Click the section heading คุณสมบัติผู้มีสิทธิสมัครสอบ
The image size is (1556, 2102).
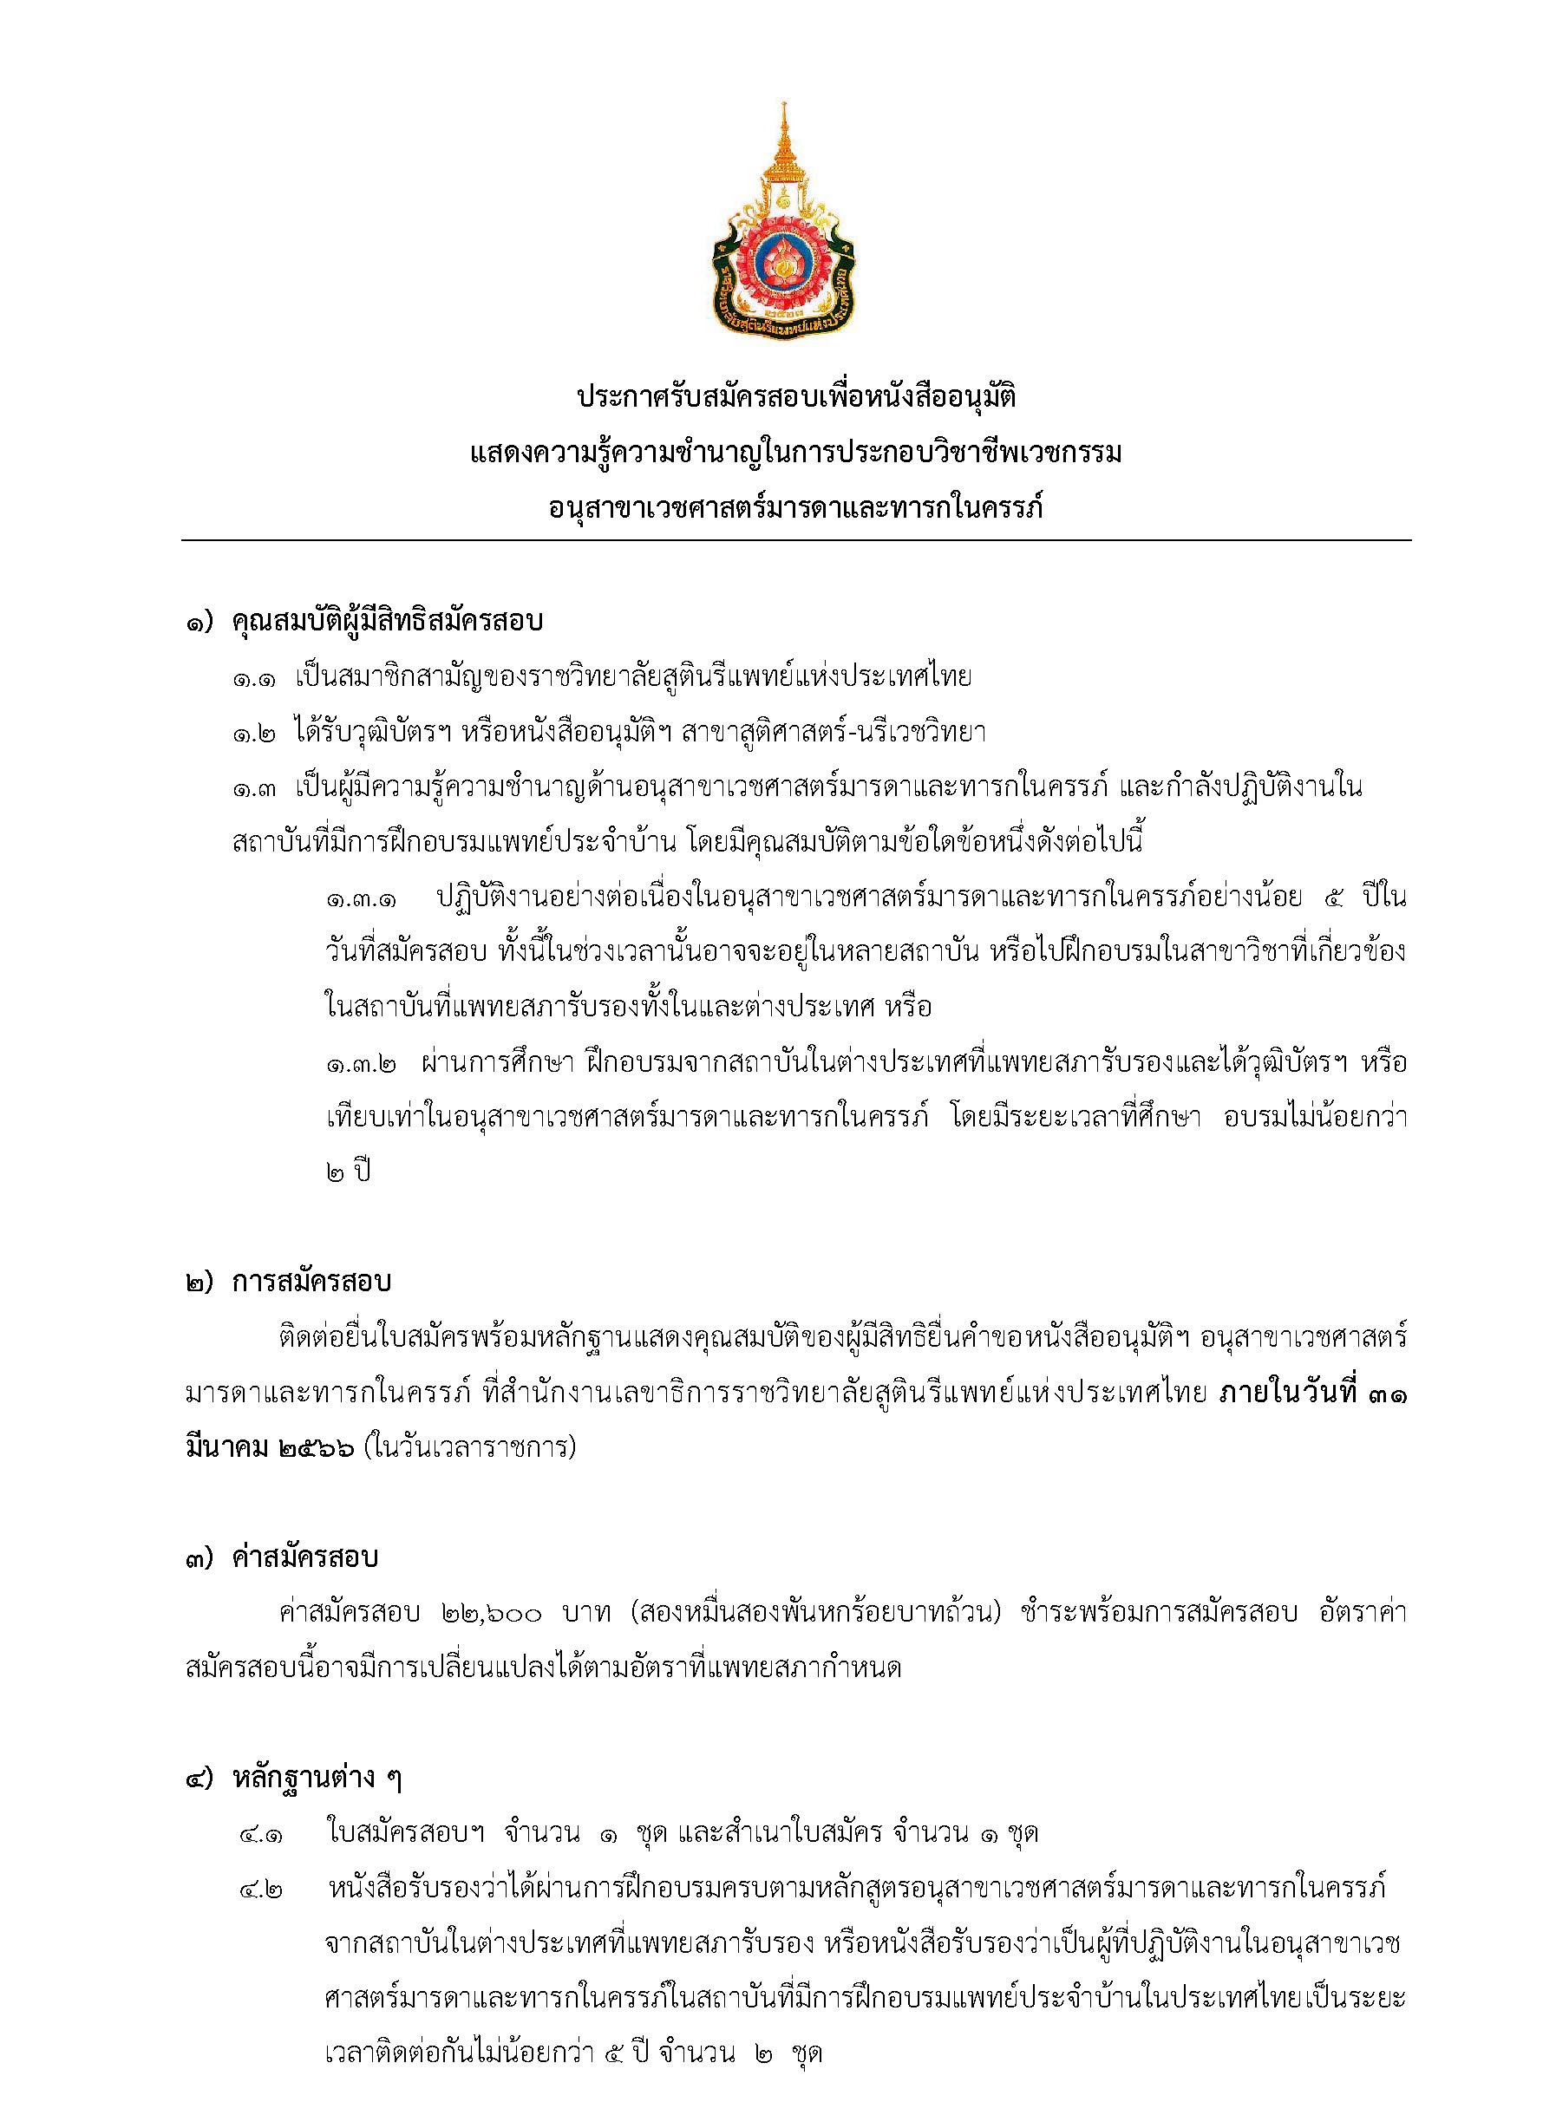coord(388,623)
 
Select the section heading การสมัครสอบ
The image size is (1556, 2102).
coord(311,1283)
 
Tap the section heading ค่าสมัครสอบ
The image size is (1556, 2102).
coord(304,1558)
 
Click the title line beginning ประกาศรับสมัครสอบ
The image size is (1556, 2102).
coord(796,398)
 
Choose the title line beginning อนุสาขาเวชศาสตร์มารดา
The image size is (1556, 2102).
coord(796,510)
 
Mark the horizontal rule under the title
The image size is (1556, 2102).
coord(796,540)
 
